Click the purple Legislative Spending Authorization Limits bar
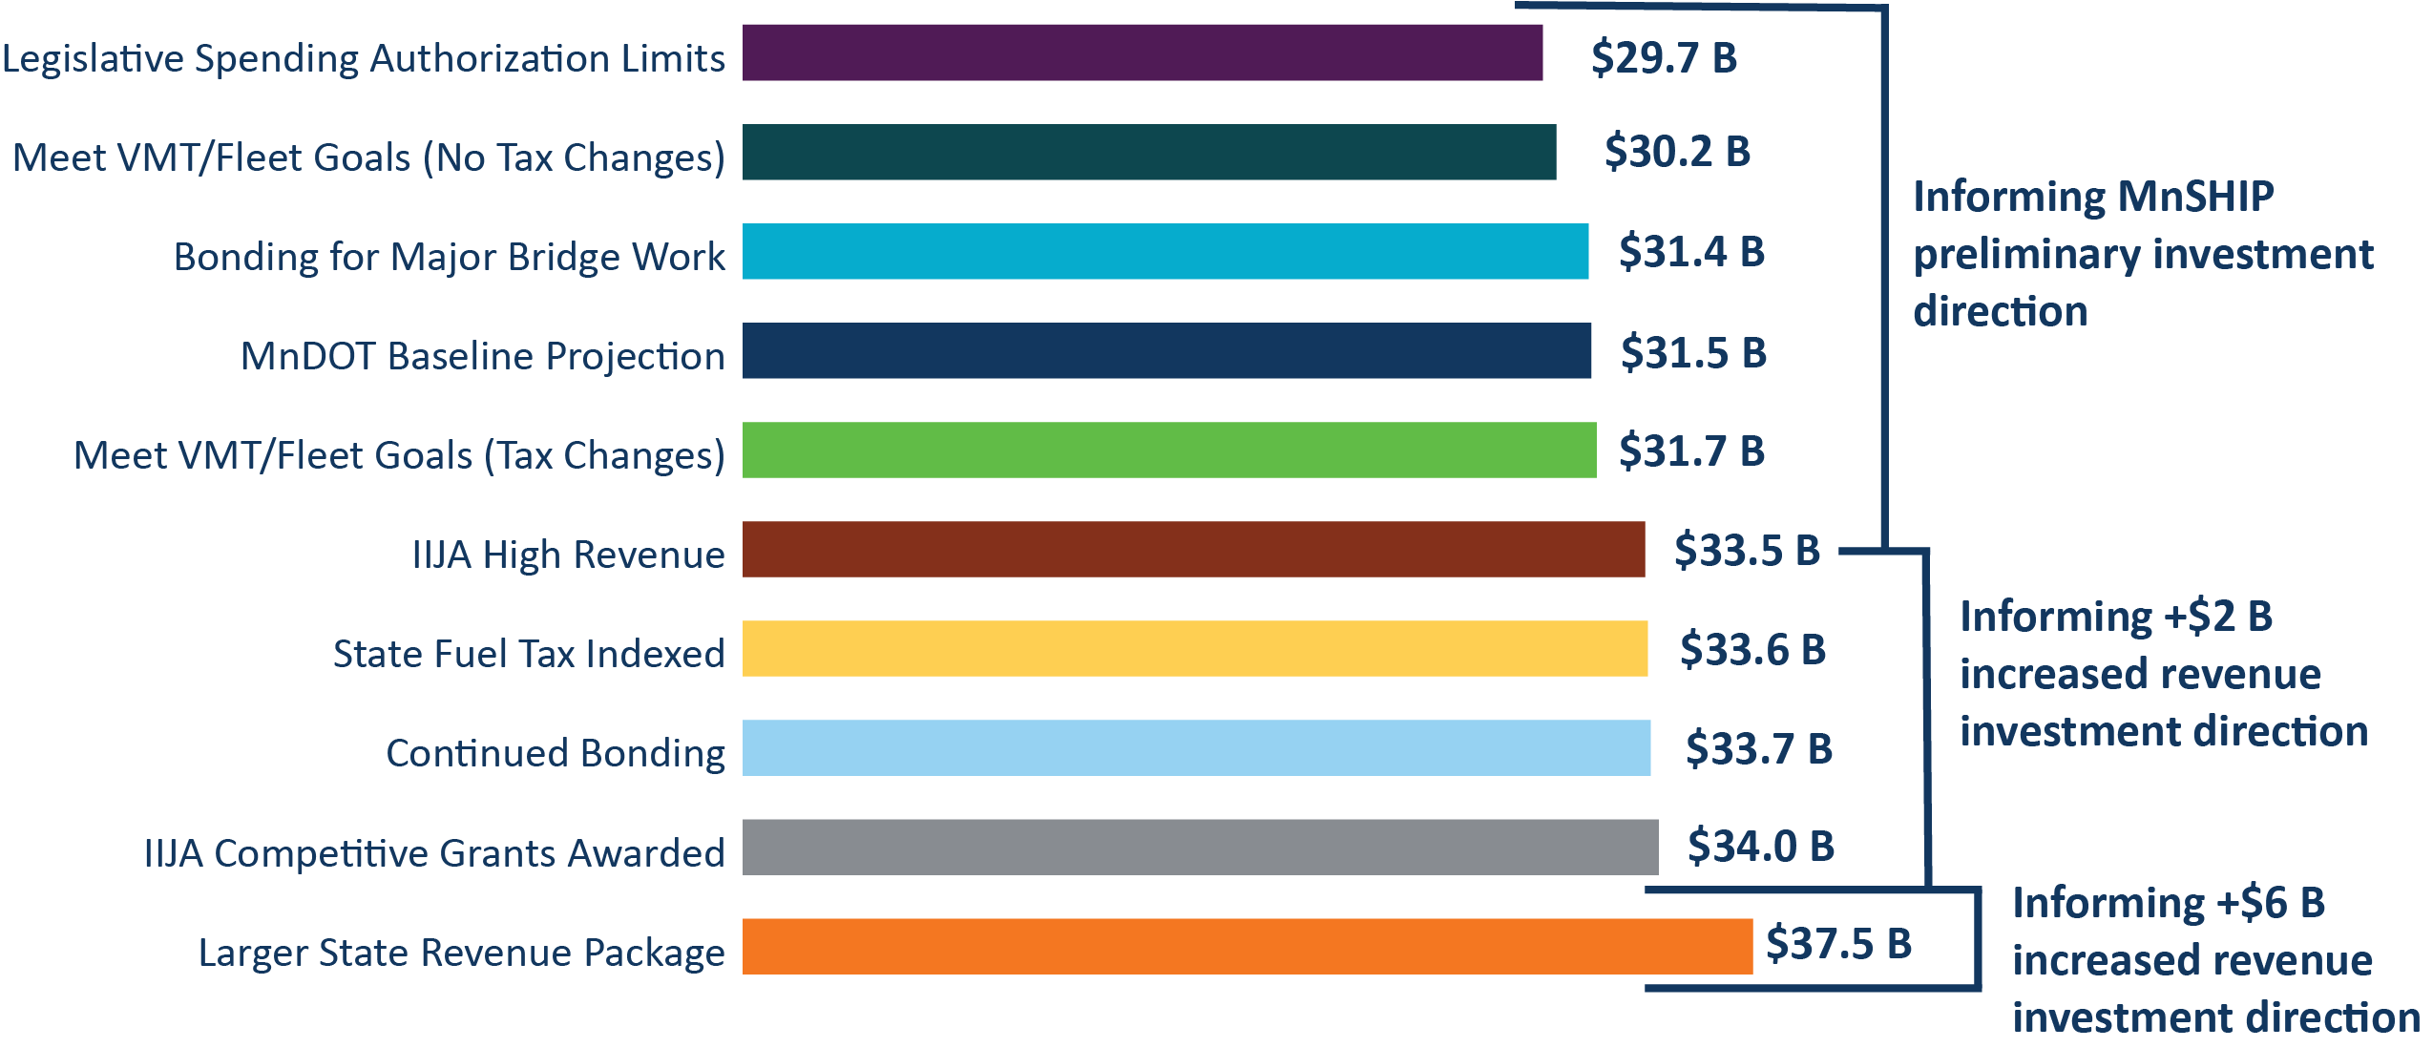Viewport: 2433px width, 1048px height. [x=1142, y=53]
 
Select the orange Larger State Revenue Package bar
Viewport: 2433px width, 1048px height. [x=1247, y=946]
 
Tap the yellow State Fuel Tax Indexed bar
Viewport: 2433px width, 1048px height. [x=1194, y=648]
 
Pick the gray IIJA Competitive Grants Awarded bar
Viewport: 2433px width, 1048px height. [x=1200, y=847]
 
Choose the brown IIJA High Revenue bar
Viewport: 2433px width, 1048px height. [x=1193, y=549]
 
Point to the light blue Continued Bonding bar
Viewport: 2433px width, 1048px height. [x=1196, y=747]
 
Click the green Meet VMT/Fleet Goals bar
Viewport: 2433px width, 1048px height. [x=1168, y=450]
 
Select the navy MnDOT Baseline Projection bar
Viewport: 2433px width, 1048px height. [x=1166, y=350]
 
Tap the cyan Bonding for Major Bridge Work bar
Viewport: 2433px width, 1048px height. [x=1164, y=251]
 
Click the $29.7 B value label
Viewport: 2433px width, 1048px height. [x=1664, y=57]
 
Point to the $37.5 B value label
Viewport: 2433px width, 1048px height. [x=1838, y=944]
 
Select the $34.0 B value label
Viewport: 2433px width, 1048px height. [x=1761, y=847]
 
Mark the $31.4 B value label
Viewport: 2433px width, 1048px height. [x=1691, y=252]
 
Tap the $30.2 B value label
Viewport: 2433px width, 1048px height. [x=1677, y=152]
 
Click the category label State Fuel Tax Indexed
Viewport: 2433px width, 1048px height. [x=529, y=654]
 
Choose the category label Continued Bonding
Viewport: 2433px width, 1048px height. [x=555, y=753]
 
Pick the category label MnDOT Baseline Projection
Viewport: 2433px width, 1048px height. [x=482, y=356]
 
